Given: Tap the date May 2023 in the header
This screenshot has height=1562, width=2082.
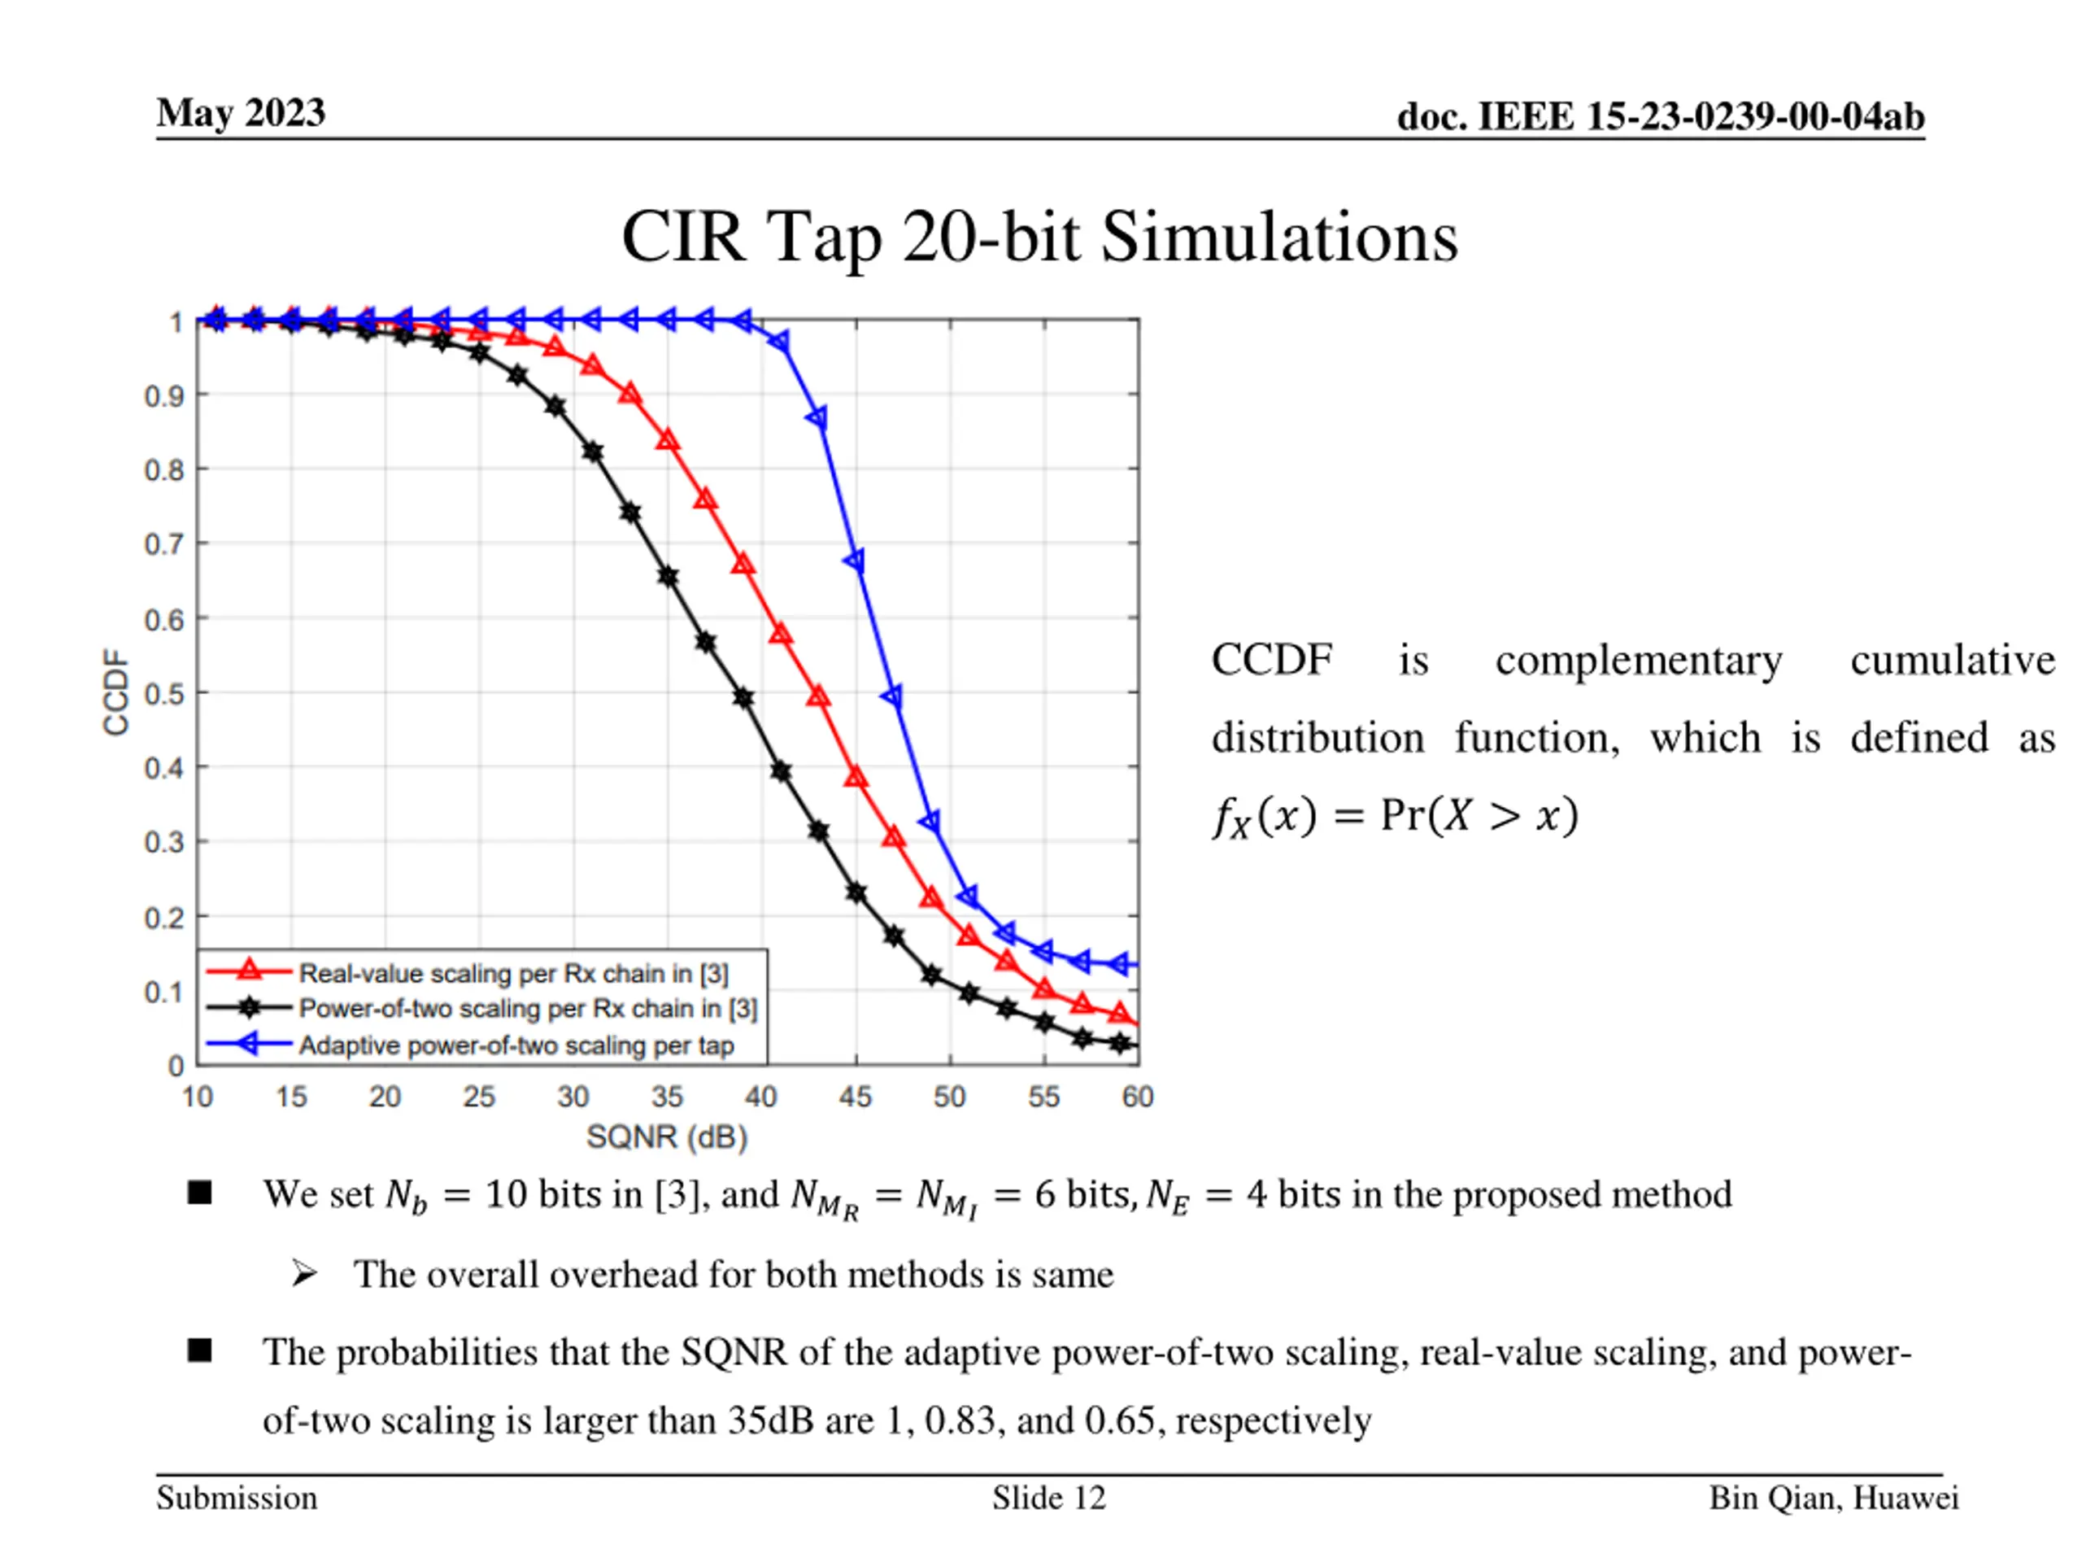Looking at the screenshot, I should [241, 113].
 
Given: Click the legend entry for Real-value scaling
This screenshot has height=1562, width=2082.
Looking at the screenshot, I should [513, 973].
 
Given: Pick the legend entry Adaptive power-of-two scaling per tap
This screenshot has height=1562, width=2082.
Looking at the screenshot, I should [516, 1045].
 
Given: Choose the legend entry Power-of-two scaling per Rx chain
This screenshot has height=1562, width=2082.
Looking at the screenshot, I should [527, 1008].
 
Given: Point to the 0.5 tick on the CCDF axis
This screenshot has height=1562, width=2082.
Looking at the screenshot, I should [163, 694].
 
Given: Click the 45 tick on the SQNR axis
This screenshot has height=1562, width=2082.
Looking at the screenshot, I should [855, 1097].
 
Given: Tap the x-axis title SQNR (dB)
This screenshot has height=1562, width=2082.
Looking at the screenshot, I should [666, 1137].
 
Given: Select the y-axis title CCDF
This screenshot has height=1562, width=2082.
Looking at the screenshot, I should [115, 692].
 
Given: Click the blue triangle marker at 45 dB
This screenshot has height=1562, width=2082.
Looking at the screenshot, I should [856, 562].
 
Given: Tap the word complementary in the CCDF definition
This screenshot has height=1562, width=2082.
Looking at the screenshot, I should [1638, 660].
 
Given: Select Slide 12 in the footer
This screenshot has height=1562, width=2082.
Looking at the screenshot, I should [1048, 1498].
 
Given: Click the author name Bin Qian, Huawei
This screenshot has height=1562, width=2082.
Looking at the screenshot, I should [1833, 1498].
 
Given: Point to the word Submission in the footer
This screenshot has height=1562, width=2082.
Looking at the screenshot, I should [237, 1498].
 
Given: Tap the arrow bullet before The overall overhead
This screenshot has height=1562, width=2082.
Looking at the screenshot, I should [304, 1274].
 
